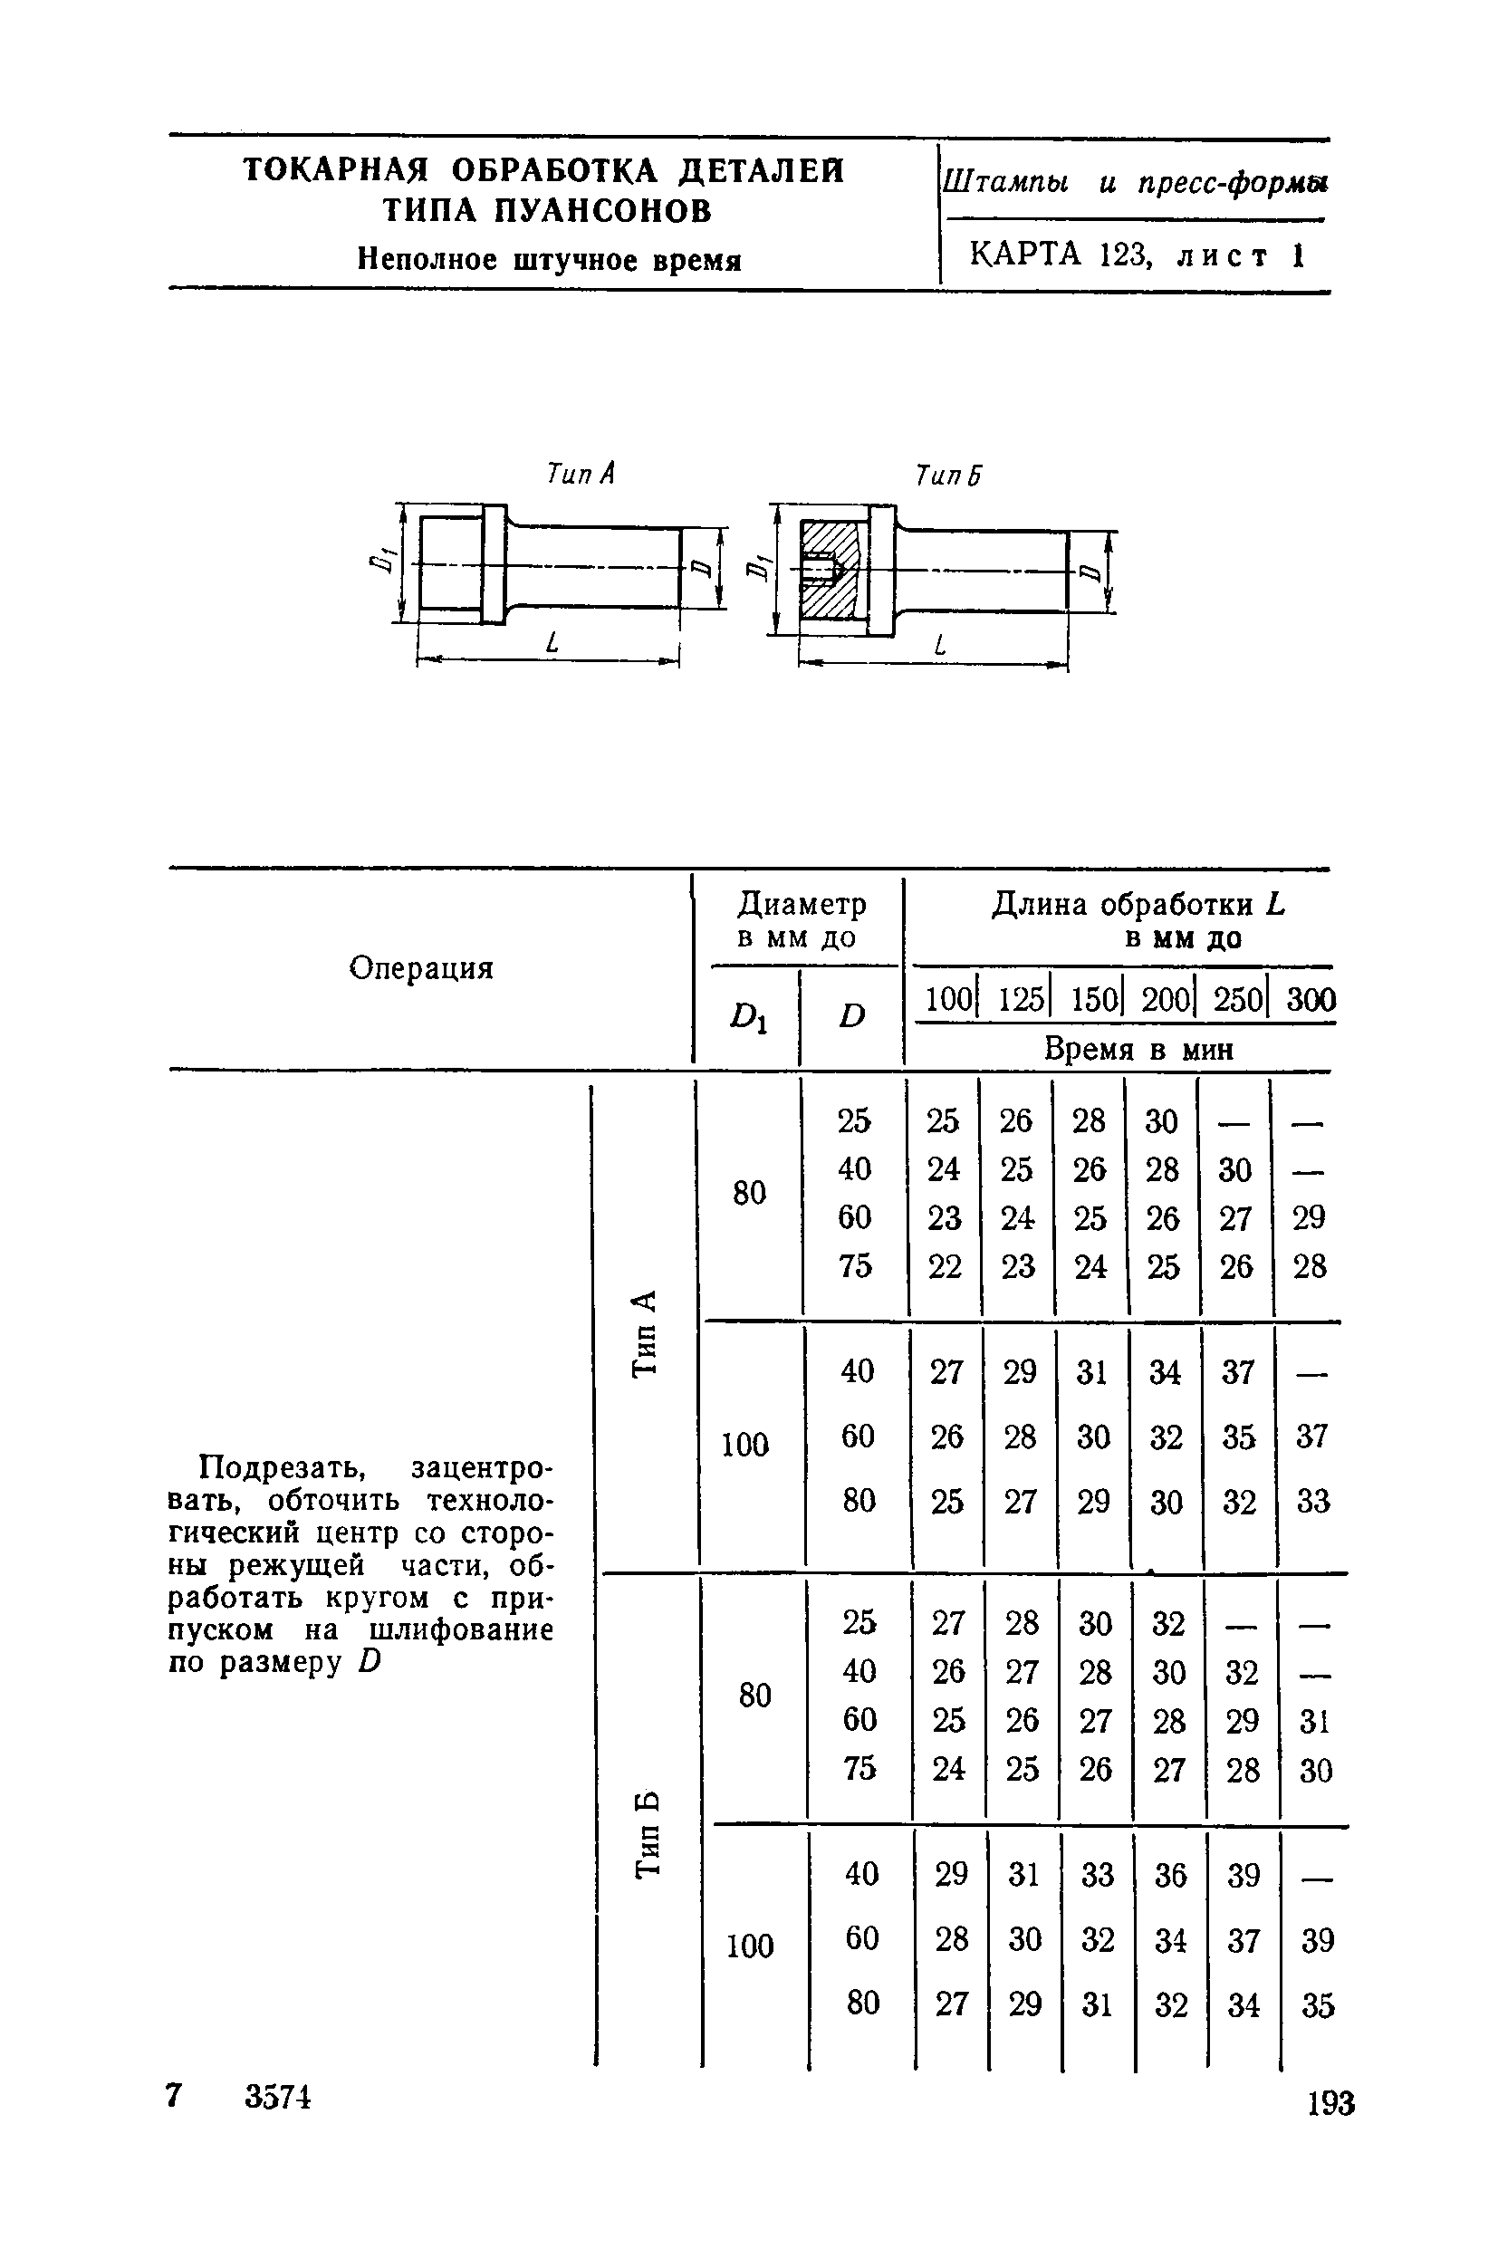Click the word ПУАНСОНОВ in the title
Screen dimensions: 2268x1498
click(604, 210)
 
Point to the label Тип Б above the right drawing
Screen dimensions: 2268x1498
click(948, 475)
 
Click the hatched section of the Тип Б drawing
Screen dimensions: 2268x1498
click(827, 572)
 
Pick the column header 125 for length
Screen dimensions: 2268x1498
click(1020, 1000)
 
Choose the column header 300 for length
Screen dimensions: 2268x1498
click(1311, 1000)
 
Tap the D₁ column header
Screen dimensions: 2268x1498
click(749, 1015)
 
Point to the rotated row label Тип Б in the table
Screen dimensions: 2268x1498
click(648, 1833)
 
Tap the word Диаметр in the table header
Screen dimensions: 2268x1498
click(802, 904)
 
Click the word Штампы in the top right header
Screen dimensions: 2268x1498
click(1006, 181)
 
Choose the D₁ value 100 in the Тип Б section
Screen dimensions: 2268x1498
click(750, 1945)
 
